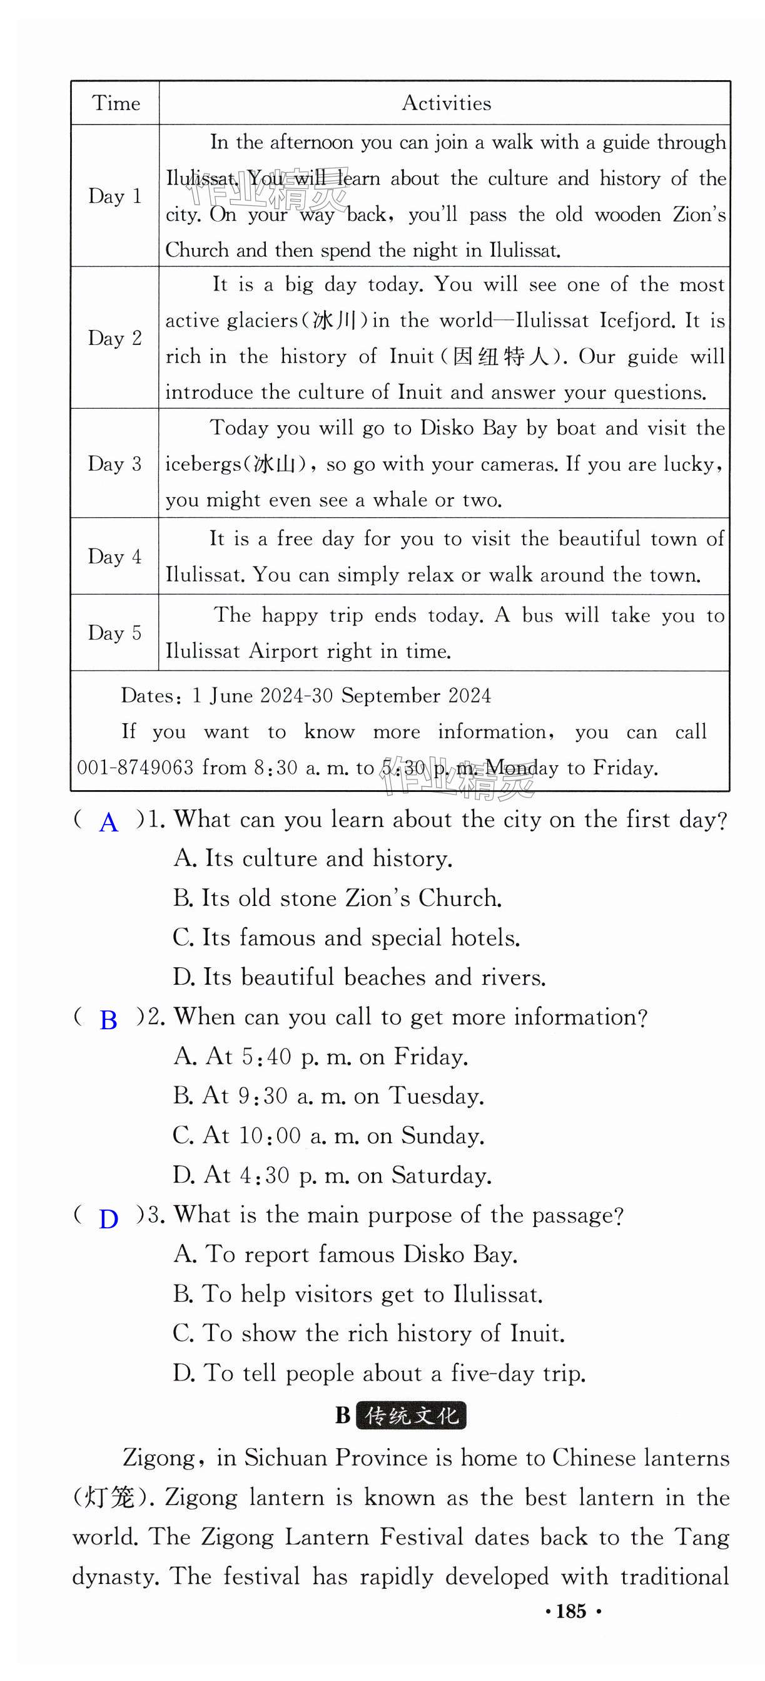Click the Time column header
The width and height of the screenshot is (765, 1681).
[x=116, y=103]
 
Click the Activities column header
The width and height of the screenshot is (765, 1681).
[x=446, y=103]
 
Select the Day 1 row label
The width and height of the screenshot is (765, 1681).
[x=115, y=196]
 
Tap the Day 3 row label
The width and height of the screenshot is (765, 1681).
[x=115, y=464]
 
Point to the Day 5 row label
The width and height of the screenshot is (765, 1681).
[x=115, y=633]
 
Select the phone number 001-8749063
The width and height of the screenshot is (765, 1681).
[x=135, y=768]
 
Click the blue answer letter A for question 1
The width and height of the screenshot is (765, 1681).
[x=109, y=823]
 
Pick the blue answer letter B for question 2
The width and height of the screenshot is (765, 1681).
[x=108, y=1020]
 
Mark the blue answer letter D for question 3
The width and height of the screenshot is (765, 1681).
[x=108, y=1218]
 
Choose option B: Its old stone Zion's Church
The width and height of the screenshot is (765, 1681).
[x=337, y=898]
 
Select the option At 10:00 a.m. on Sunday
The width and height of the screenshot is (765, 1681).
[x=328, y=1136]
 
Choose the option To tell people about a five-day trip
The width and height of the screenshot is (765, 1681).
[x=379, y=1373]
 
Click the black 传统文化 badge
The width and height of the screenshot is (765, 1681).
[x=412, y=1416]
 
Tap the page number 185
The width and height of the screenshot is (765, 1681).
[x=571, y=1611]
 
